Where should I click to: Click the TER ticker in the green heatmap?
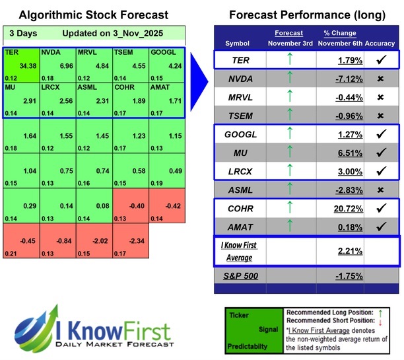click(11, 51)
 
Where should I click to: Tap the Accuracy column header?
click(380, 43)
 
